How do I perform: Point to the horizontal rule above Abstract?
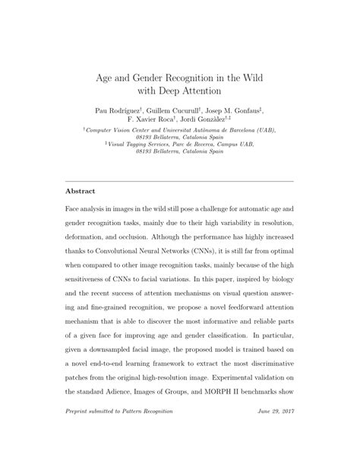click(x=179, y=180)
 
